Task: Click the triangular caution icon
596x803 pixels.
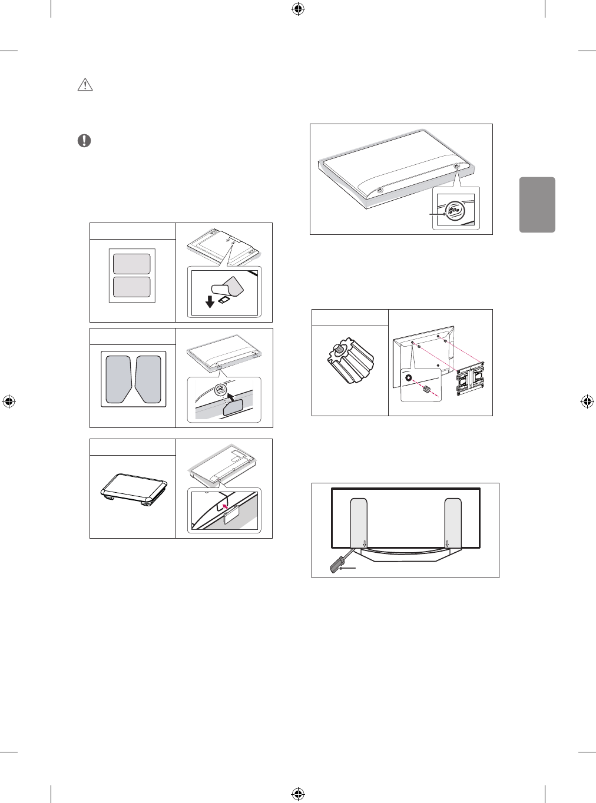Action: coord(85,85)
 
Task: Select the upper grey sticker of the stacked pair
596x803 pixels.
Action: coord(132,263)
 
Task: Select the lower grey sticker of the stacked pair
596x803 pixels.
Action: coord(132,287)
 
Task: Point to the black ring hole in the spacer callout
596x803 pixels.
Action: coord(408,377)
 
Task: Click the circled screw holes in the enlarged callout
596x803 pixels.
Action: coord(454,210)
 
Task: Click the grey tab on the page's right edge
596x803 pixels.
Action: coord(538,204)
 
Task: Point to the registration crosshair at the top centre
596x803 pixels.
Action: coord(297,9)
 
